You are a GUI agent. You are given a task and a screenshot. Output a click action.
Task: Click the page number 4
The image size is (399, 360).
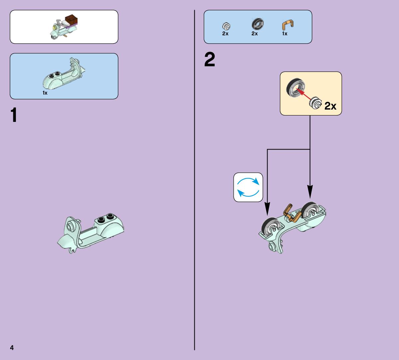12,348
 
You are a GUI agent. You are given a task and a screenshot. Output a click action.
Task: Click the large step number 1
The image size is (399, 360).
14,115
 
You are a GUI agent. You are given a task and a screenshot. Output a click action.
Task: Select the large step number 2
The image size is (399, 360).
209,59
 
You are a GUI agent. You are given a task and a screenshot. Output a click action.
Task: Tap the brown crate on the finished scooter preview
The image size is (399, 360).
71,20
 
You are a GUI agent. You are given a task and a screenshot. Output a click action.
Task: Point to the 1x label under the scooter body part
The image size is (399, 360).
45,93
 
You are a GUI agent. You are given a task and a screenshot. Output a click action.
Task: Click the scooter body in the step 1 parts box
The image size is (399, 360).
64,74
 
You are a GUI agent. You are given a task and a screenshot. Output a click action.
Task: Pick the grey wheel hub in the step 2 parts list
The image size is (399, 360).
226,26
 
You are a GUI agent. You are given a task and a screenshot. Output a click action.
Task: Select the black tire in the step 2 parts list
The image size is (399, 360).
258,24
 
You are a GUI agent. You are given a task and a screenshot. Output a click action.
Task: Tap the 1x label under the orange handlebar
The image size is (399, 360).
285,34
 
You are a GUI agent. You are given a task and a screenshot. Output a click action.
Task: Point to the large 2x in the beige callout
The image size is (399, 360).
330,106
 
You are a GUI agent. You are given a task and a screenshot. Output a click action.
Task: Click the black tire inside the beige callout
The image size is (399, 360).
296,88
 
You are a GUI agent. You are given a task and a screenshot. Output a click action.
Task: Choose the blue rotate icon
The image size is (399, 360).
248,187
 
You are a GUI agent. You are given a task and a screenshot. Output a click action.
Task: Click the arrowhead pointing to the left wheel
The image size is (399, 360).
267,209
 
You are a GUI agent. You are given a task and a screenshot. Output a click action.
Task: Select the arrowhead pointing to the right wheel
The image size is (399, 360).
310,192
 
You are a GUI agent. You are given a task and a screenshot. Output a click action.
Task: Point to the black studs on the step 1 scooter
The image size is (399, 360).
105,217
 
